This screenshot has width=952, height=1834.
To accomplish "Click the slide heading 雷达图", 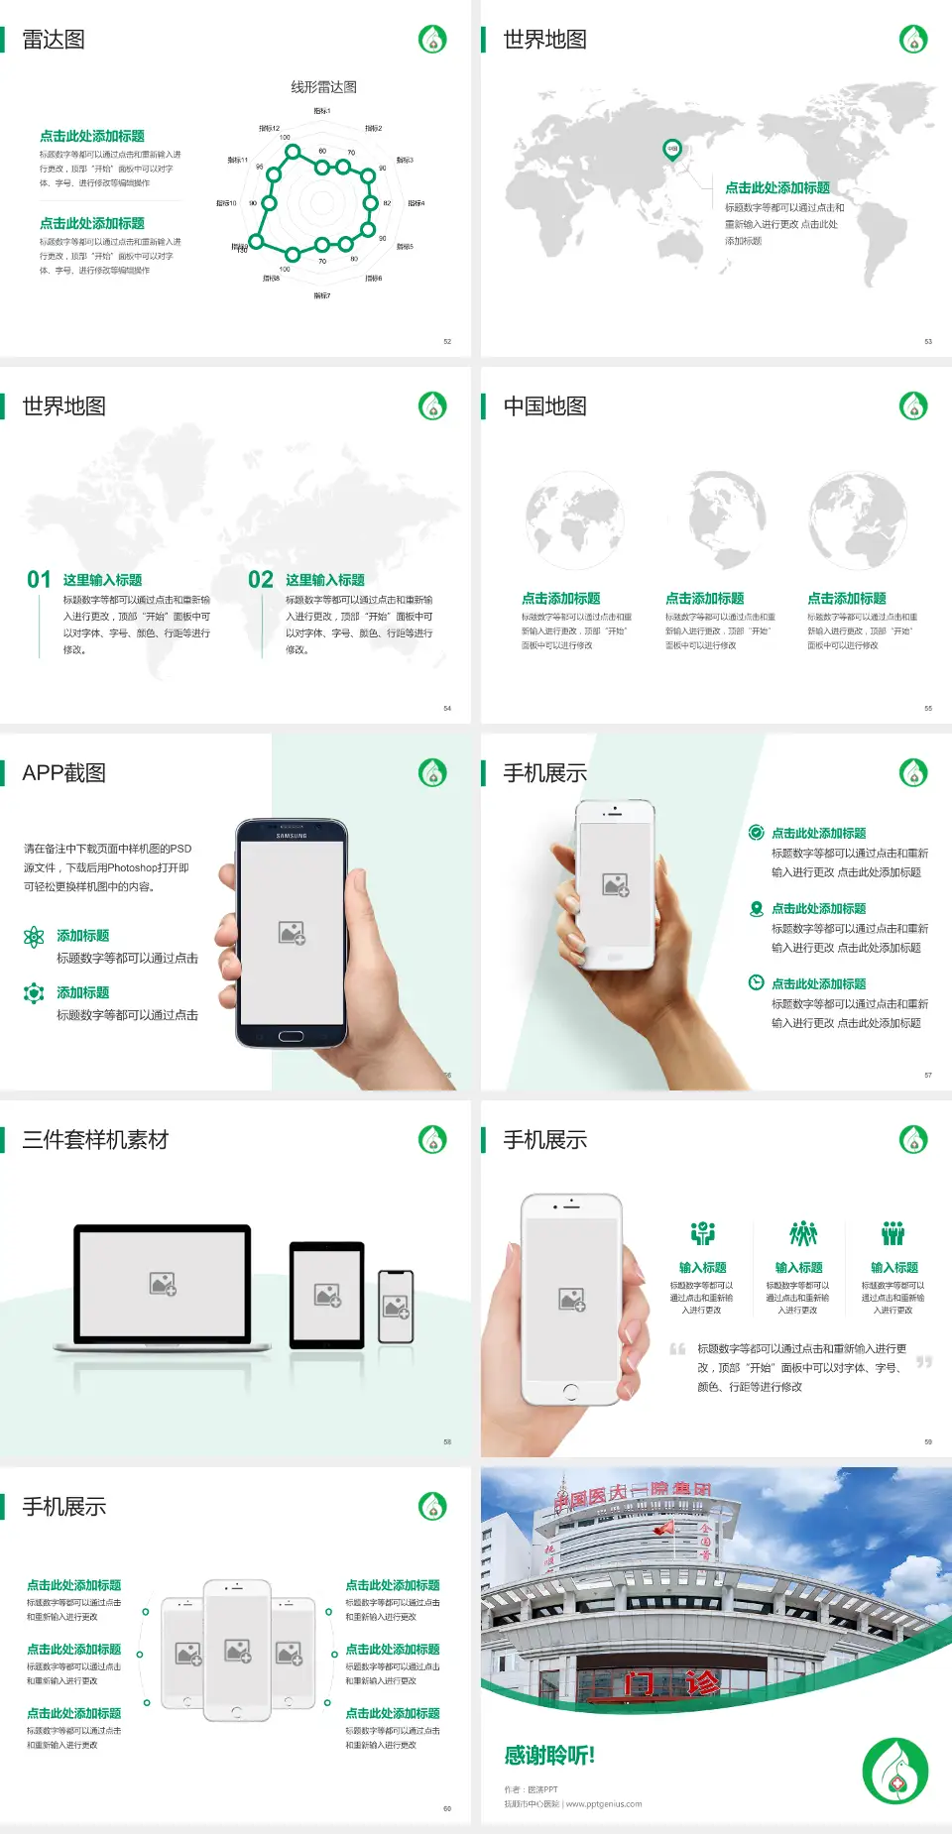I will tap(54, 40).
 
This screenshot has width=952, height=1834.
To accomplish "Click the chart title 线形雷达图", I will tap(323, 87).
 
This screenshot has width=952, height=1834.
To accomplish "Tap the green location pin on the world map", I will tap(672, 150).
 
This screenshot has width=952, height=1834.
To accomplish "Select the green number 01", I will tap(39, 580).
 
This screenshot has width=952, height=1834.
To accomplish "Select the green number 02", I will tap(261, 580).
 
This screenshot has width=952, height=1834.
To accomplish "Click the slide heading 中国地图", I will tap(544, 406).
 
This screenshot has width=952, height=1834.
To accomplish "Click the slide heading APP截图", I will tap(63, 773).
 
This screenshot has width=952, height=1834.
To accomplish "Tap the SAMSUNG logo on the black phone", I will tap(292, 836).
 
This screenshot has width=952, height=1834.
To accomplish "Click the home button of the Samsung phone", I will tap(291, 1036).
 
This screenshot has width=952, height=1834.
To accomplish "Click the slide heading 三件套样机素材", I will tap(95, 1140).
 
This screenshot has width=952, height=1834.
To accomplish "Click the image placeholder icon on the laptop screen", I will tap(163, 1284).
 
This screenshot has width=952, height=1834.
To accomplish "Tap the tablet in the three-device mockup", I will tap(326, 1295).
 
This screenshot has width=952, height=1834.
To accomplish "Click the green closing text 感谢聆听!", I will tap(549, 1756).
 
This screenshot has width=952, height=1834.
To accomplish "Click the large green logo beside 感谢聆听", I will tap(895, 1772).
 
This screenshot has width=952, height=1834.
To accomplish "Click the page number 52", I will tap(447, 341).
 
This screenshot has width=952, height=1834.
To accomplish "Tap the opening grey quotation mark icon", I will tap(677, 1349).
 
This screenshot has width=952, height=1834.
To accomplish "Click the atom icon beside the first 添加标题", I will tap(34, 937).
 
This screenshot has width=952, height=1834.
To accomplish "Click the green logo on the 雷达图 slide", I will tap(432, 40).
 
